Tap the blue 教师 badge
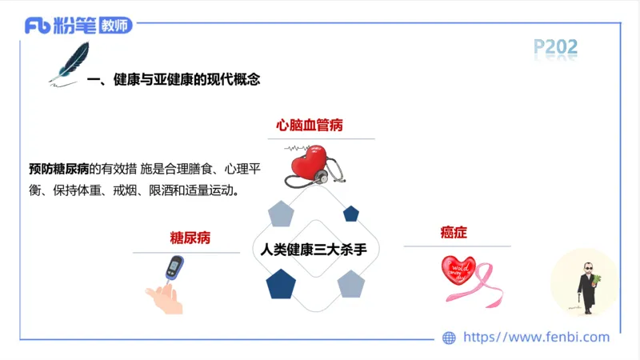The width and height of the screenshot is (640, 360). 115,26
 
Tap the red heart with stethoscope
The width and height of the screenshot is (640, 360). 310,164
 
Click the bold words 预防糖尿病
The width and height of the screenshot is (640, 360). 58,169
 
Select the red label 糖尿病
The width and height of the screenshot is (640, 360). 190,238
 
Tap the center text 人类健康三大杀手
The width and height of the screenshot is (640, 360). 314,249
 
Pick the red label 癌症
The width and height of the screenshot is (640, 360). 453,233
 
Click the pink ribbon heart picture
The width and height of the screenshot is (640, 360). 467,280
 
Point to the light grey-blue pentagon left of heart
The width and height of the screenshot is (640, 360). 281,214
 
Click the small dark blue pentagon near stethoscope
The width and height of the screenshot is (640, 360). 350,214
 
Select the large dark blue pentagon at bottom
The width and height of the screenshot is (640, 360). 281,284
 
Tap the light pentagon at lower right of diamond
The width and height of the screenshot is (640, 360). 350,283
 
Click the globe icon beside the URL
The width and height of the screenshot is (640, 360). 449,338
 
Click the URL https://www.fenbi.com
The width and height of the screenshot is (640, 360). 536,338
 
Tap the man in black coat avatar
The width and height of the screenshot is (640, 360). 585,282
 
